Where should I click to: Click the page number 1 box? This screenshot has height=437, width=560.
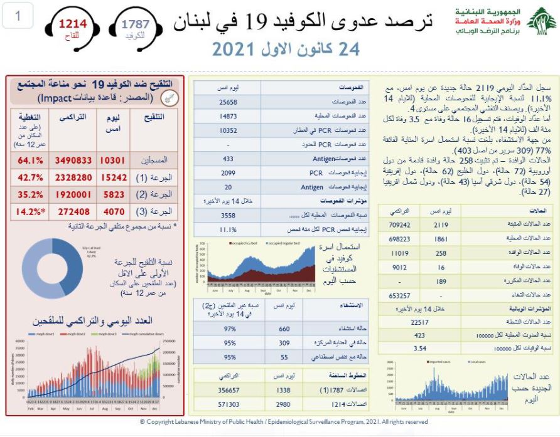tap(17, 17)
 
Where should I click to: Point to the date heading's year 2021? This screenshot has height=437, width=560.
tap(235, 49)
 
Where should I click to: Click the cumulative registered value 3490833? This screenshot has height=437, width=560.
tap(73, 161)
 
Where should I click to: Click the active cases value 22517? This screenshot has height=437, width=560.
tap(419, 322)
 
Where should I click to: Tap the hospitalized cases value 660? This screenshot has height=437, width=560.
tap(284, 329)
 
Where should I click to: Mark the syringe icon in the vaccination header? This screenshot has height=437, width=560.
tap(168, 97)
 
